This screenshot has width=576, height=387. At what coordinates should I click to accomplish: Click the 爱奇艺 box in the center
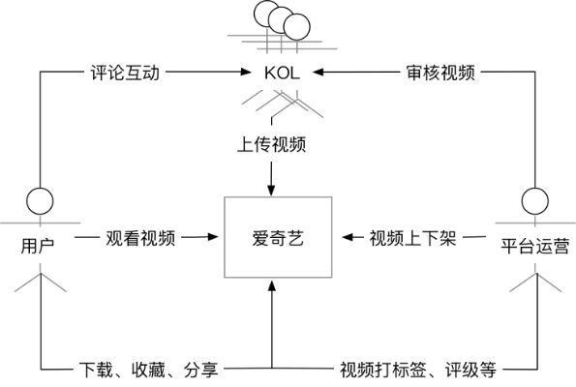(x=272, y=237)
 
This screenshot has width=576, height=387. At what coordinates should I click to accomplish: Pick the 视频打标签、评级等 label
(x=417, y=369)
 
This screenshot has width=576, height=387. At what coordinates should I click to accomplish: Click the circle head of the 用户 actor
(x=39, y=200)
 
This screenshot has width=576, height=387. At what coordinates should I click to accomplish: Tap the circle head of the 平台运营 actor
(x=534, y=200)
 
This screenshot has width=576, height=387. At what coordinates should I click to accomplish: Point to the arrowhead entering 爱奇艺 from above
(x=272, y=190)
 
